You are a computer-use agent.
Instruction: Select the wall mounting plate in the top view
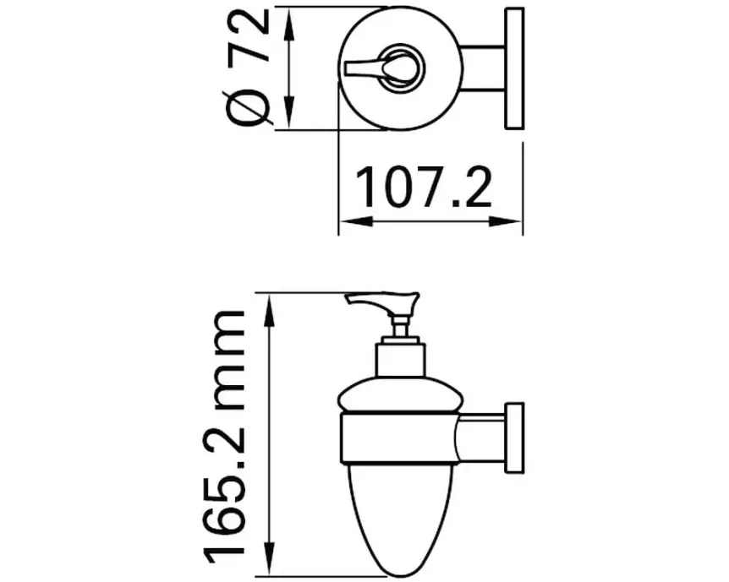click(513, 69)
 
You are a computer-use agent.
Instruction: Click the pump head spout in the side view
click(381, 302)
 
